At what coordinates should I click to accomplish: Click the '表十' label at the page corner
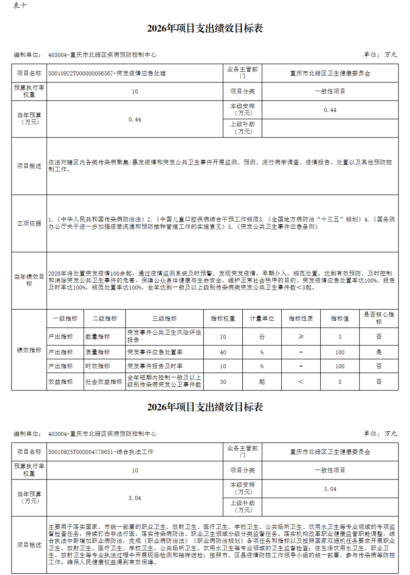pos(20,5)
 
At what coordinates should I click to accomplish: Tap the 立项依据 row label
pos(29,224)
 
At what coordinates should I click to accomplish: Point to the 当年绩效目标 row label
pos(29,280)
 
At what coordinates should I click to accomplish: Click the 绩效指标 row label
pos(29,350)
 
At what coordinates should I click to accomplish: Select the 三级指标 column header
pos(164,318)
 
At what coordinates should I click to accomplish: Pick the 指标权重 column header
pos(223,318)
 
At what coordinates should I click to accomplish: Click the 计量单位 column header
pos(262,318)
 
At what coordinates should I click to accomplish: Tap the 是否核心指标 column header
pos(379,318)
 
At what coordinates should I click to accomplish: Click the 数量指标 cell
pos(98,337)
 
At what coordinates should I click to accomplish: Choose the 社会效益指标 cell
pos(104,382)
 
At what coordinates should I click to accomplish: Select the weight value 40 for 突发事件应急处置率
pos(223,352)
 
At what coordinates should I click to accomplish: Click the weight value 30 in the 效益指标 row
pos(223,382)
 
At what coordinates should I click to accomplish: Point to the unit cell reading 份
pos(262,337)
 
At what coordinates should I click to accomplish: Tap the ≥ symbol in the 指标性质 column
pos(301,337)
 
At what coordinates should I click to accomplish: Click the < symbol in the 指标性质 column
pos(301,382)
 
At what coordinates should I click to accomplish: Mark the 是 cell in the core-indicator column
pos(379,352)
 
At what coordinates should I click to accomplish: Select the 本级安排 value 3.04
pos(330,489)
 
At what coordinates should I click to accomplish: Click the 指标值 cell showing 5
pos(340,382)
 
